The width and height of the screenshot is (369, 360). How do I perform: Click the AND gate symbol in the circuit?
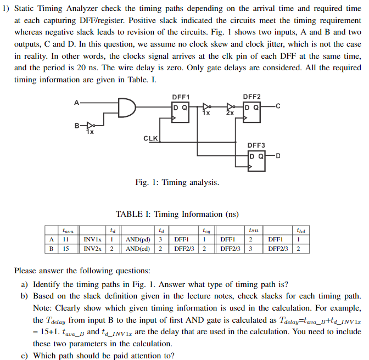127,108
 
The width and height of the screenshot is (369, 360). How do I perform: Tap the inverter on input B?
91,125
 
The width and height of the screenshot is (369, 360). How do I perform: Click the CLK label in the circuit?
151,138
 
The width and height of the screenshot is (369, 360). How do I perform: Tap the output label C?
278,106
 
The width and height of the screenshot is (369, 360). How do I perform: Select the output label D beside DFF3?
278,156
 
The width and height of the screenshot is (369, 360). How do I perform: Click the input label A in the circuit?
76,102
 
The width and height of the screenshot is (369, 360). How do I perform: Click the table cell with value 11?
64,240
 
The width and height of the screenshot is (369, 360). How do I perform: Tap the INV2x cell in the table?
92,249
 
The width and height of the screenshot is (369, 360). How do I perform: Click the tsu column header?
253,231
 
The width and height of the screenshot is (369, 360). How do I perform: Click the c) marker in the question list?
25,355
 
